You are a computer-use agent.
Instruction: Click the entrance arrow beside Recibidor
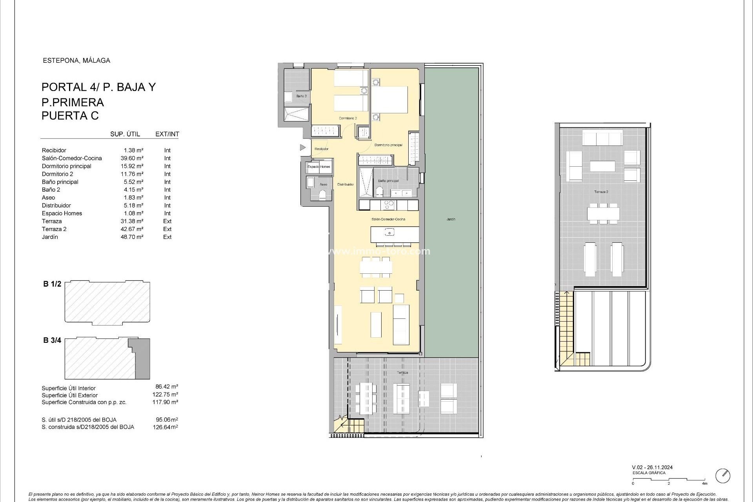[302, 147]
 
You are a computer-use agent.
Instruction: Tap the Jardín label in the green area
[451, 219]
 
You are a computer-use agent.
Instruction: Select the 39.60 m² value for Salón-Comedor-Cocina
[132, 158]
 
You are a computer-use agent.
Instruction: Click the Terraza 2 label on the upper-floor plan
[601, 192]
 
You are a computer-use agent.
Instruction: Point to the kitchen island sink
[389, 233]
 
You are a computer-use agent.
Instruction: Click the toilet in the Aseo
[322, 195]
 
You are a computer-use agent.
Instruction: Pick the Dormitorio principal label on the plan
[388, 145]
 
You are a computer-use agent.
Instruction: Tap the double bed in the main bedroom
[389, 100]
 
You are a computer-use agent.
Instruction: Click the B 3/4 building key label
[52, 340]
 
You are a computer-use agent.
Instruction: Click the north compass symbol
[723, 476]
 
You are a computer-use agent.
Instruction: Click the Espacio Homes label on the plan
[318, 167]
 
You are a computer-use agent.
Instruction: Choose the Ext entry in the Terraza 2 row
[167, 229]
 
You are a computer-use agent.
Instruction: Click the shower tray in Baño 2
[296, 115]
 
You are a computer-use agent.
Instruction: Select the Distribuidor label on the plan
[346, 184]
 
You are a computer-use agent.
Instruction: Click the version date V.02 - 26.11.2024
[652, 467]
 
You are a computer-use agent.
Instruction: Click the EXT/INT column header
[167, 134]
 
